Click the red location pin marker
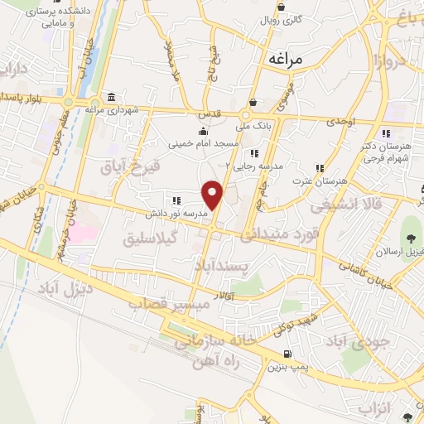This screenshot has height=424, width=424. [214, 195]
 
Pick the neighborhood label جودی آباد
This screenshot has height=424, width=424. [356, 340]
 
